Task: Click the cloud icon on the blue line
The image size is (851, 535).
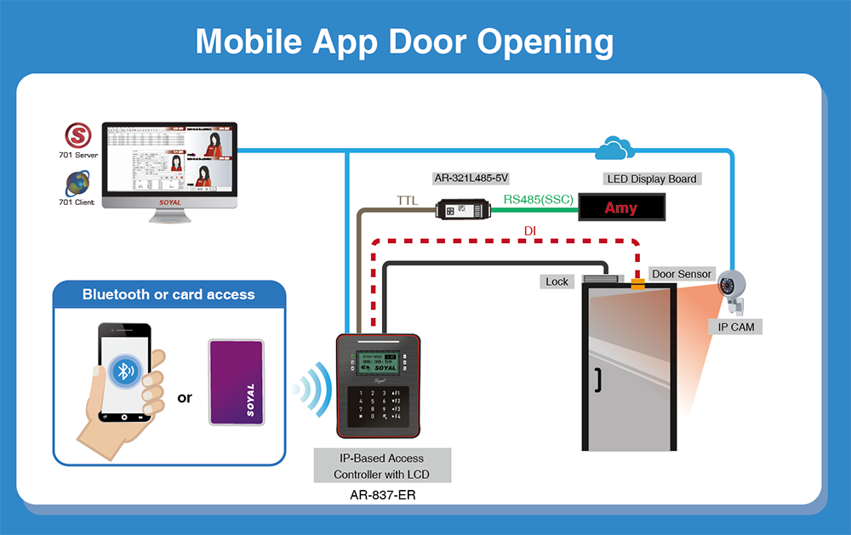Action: pyautogui.click(x=615, y=149)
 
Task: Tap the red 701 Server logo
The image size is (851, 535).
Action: pyautogui.click(x=79, y=136)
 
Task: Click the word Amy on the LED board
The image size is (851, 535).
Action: pyautogui.click(x=620, y=208)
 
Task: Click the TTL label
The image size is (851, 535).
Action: pyautogui.click(x=408, y=201)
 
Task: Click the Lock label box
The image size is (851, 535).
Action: pyautogui.click(x=557, y=282)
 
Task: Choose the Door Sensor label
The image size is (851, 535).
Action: pyautogui.click(x=681, y=274)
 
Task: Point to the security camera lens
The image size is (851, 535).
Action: pyautogui.click(x=728, y=286)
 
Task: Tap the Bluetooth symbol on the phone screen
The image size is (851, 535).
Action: pyautogui.click(x=125, y=369)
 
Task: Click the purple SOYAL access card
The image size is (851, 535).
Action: pyautogui.click(x=237, y=382)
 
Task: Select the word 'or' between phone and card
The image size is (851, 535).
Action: pyautogui.click(x=185, y=397)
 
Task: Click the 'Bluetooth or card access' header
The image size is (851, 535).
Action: pyautogui.click(x=168, y=294)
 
